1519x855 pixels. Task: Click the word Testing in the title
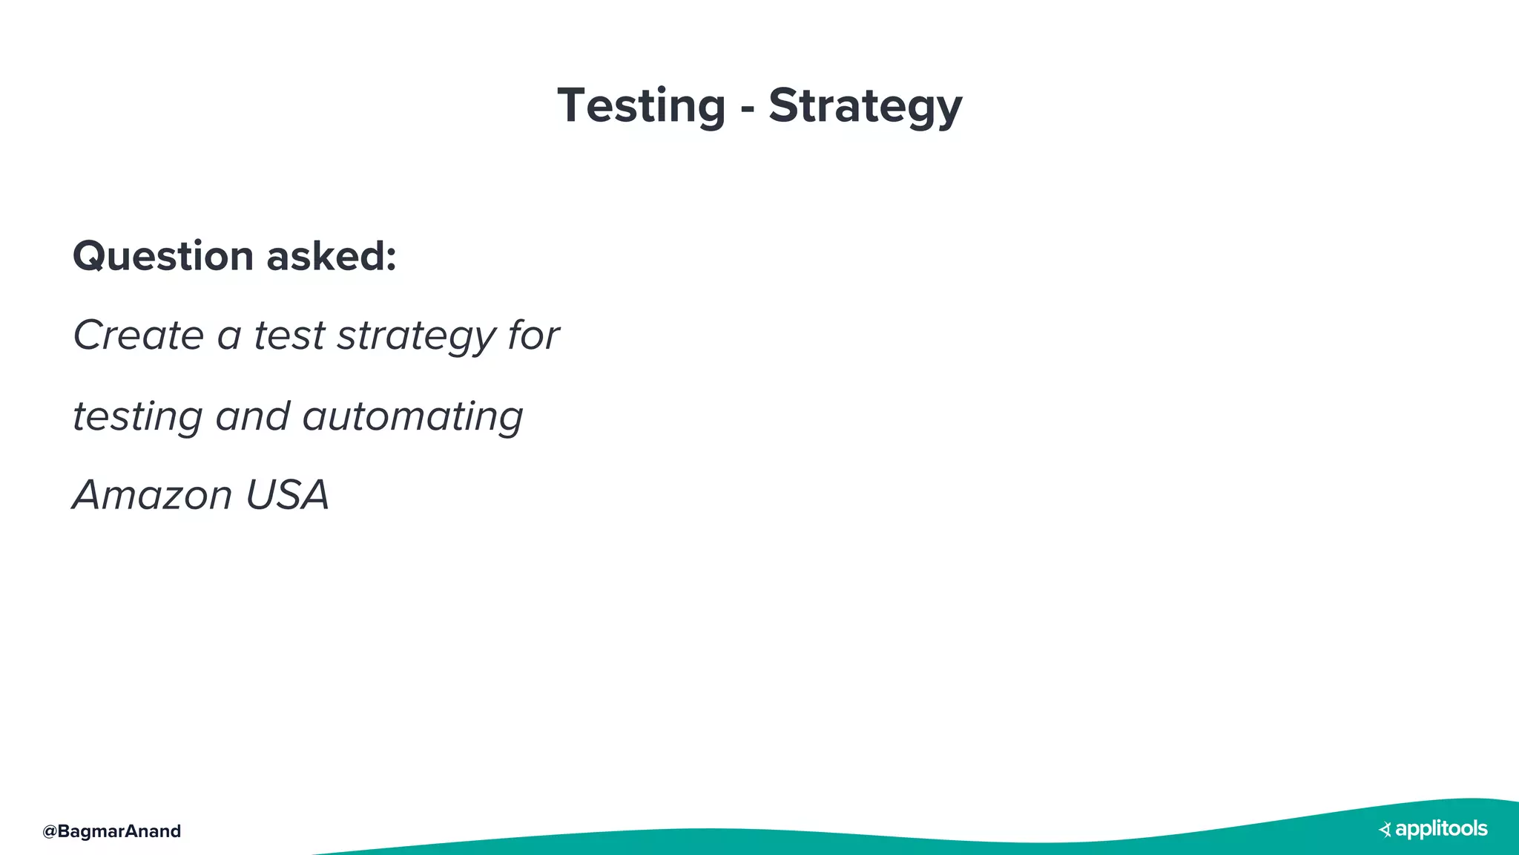(641, 106)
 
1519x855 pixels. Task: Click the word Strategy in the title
(865, 106)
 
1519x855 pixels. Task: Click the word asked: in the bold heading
(331, 257)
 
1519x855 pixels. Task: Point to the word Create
(138, 335)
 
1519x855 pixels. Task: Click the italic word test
(289, 335)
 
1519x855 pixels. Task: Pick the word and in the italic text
(252, 416)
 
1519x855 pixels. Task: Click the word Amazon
(152, 495)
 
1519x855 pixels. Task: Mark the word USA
(287, 495)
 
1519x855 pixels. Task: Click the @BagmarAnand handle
(112, 831)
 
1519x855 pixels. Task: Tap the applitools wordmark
(1441, 829)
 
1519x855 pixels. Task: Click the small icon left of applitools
(1385, 830)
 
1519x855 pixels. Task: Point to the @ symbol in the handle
(50, 831)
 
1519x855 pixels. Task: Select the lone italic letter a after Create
(228, 337)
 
